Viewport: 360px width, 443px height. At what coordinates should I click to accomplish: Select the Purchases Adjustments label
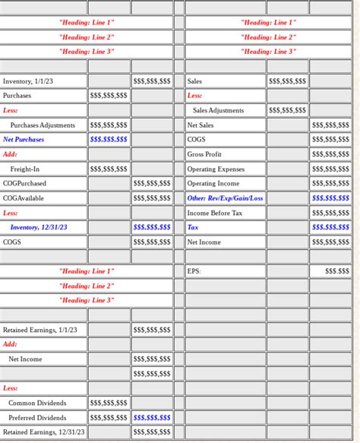point(43,125)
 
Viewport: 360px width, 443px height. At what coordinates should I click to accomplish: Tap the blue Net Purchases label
point(24,140)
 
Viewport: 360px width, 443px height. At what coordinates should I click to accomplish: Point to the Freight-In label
point(25,169)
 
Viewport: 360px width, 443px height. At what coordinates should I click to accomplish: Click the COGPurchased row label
point(24,184)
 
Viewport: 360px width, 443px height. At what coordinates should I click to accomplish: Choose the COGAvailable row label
point(24,198)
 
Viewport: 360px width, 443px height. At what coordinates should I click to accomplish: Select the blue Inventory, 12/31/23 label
point(39,227)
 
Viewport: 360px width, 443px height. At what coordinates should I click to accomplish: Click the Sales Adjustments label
point(219,111)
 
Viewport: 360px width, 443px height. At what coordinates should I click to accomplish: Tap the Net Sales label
point(201,125)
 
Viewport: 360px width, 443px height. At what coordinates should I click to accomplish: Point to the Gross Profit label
point(204,154)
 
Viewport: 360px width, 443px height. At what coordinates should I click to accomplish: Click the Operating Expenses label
point(216,169)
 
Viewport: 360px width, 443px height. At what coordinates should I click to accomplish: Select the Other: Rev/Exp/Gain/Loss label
point(225,198)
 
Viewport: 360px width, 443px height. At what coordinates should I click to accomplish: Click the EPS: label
point(194,271)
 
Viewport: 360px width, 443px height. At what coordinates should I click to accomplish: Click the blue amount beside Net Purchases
point(109,140)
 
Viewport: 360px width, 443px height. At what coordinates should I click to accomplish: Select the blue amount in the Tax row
point(330,227)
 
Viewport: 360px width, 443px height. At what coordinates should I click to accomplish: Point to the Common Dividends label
point(37,403)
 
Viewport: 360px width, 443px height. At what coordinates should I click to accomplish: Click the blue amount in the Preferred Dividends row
point(152,418)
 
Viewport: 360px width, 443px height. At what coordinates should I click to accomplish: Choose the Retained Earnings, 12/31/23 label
point(44,432)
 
